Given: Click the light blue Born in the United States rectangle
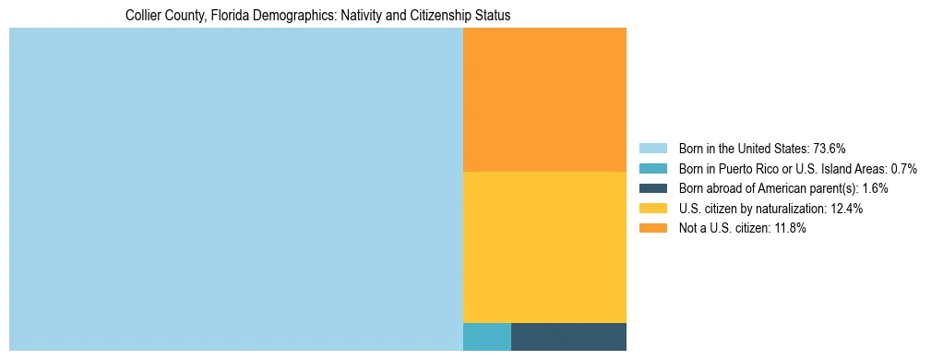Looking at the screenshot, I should pyautogui.click(x=235, y=189).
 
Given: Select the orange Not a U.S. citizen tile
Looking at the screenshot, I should pyautogui.click(x=544, y=100).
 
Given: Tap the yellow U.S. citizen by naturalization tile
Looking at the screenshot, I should pyautogui.click(x=544, y=247).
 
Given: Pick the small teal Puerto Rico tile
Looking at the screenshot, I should pyautogui.click(x=486, y=337).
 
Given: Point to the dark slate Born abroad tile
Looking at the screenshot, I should pyautogui.click(x=568, y=337).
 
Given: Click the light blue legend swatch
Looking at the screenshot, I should pyautogui.click(x=652, y=149).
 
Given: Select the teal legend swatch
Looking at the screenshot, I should pyautogui.click(x=652, y=169).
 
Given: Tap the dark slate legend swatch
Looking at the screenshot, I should pyautogui.click(x=652, y=188).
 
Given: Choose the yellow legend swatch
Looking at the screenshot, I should pyautogui.click(x=652, y=209).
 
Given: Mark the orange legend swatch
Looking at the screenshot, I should pyautogui.click(x=652, y=229).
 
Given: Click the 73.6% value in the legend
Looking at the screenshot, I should pyautogui.click(x=830, y=149).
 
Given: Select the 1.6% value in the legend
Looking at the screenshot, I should pyautogui.click(x=875, y=188).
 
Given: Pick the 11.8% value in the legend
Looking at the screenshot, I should pyautogui.click(x=790, y=229).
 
